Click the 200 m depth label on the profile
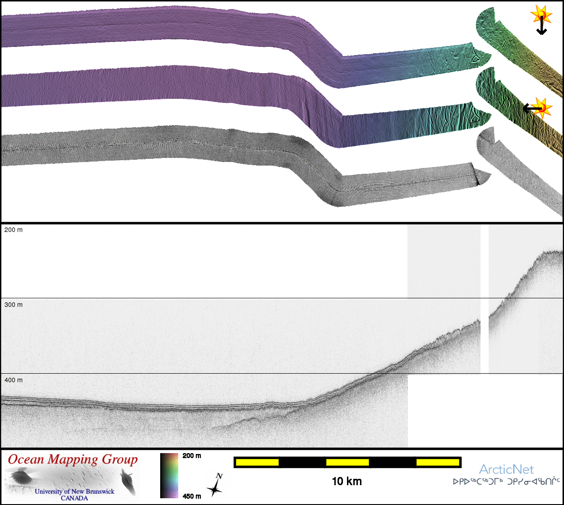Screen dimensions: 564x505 [14, 230]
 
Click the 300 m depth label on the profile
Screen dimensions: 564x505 [14, 305]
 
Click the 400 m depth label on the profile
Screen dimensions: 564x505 [14, 380]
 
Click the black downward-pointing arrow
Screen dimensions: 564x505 [541, 26]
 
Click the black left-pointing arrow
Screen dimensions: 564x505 [532, 108]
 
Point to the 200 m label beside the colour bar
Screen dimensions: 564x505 [192, 456]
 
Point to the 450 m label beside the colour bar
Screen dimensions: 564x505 [192, 496]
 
